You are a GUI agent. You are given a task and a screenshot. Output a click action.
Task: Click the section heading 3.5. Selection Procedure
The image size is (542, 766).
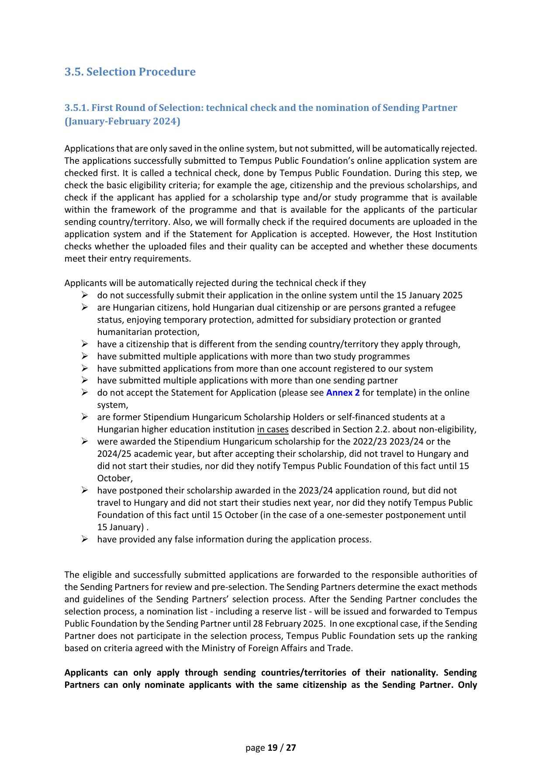(x=130, y=72)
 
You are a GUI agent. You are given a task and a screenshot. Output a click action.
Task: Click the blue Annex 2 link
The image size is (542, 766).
(x=343, y=393)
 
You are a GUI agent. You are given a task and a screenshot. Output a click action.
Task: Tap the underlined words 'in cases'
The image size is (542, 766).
(x=273, y=429)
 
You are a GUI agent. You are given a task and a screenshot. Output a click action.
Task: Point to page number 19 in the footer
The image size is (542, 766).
(x=273, y=748)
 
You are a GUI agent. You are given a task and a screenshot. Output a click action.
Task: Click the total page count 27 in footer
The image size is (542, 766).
(x=291, y=748)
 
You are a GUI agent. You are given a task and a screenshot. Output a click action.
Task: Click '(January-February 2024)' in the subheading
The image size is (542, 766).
(x=122, y=121)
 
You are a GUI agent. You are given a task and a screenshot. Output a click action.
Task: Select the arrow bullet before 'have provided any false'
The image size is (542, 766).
(x=85, y=539)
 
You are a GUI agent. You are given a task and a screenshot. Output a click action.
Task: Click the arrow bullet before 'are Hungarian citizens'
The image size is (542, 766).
(x=85, y=307)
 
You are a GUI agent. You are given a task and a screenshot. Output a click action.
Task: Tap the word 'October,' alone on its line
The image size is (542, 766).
(x=115, y=478)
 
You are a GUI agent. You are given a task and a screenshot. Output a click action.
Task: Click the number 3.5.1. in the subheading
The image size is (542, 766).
(x=76, y=108)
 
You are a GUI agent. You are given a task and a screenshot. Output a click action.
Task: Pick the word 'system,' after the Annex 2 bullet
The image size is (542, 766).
(x=113, y=405)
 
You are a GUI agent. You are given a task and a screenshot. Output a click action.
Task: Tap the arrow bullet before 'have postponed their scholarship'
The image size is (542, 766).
(x=85, y=490)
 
